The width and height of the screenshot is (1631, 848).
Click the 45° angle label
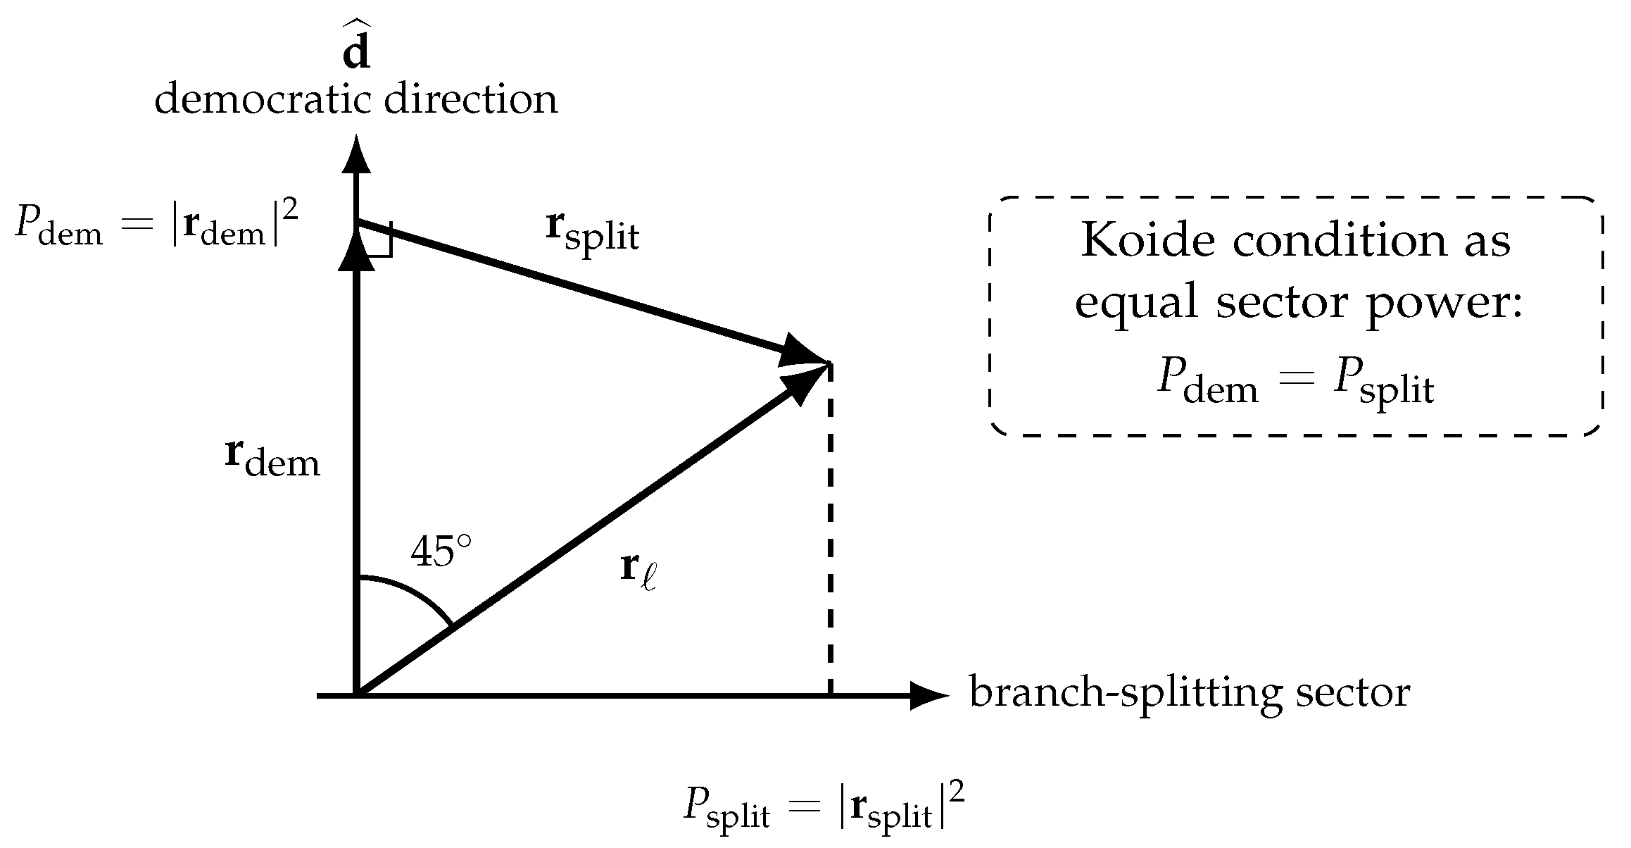click(x=441, y=551)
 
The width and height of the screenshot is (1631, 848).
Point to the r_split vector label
click(x=593, y=232)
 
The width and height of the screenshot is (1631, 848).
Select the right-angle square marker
click(x=377, y=239)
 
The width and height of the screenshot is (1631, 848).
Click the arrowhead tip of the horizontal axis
click(x=949, y=696)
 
